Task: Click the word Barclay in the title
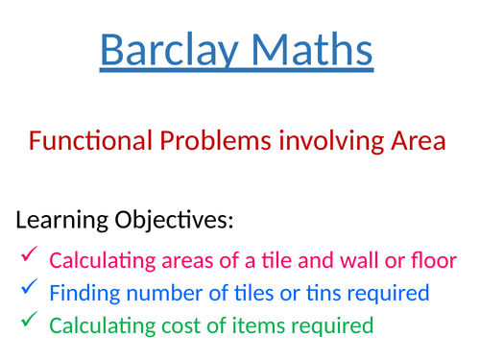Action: [x=164, y=50]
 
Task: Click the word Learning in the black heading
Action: [x=64, y=222]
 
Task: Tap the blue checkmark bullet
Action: [x=29, y=290]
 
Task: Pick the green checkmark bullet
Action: [x=29, y=324]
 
